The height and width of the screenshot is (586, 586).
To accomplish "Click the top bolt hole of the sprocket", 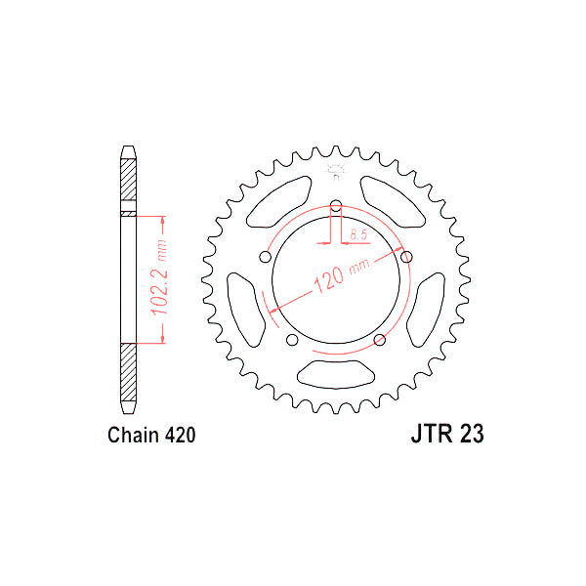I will pyautogui.click(x=335, y=206).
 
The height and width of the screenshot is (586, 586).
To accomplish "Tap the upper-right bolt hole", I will pyautogui.click(x=404, y=257).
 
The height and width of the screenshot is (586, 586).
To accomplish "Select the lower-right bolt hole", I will pyautogui.click(x=379, y=339).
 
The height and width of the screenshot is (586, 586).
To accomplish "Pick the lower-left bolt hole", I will pyautogui.click(x=292, y=339).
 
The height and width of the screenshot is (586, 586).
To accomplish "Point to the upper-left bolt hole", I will pyautogui.click(x=266, y=257).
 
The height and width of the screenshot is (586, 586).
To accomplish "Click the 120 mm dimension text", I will pyautogui.click(x=337, y=278).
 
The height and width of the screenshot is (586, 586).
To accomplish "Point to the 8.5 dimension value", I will pyautogui.click(x=358, y=235).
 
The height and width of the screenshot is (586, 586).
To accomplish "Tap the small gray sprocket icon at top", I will pyautogui.click(x=335, y=173).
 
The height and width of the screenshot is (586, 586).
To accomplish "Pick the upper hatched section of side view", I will pyautogui.click(x=128, y=182).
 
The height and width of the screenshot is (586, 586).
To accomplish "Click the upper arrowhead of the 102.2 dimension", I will pyautogui.click(x=163, y=219).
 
